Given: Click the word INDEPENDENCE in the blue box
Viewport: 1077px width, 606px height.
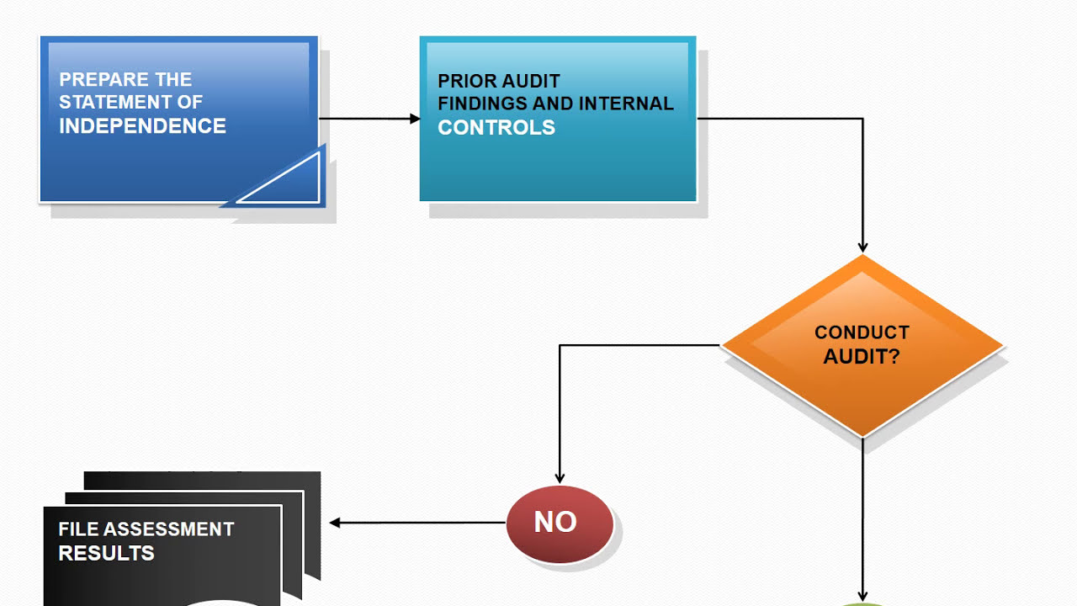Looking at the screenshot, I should [142, 126].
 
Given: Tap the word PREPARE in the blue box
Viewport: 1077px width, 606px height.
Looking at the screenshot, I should [93, 80].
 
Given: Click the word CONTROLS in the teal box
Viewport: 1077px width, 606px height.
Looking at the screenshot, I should [496, 128].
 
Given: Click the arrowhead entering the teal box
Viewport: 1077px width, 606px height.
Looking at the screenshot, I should [415, 119].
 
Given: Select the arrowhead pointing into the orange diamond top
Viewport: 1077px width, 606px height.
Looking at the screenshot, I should [862, 247].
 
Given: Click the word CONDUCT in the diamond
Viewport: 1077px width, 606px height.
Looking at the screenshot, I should [862, 332].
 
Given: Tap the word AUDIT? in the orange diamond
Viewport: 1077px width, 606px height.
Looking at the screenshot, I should [862, 357].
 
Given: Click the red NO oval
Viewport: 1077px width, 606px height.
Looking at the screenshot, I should [560, 523].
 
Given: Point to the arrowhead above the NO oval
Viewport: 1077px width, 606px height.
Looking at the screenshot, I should [560, 478].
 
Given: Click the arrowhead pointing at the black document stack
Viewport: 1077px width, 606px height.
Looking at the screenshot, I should [335, 523].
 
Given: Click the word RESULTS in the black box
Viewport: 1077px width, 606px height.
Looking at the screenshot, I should [106, 554].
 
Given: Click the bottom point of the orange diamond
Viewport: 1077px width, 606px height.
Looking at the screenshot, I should [862, 434].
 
